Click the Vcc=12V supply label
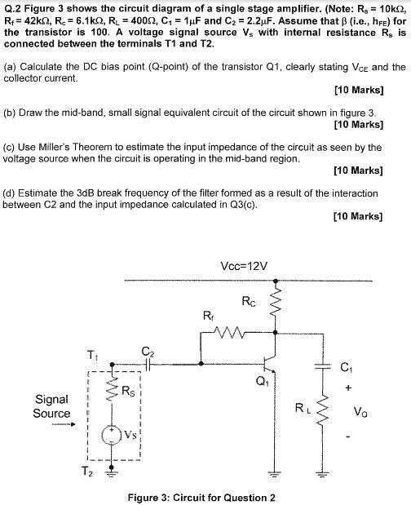tap(244, 266)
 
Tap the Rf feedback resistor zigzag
tap(228, 332)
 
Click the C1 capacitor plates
tap(323, 365)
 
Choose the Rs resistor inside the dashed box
tap(112, 388)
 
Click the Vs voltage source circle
tap(112, 436)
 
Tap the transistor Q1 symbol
tap(270, 364)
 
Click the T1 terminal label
tap(93, 355)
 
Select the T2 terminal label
tap(86, 472)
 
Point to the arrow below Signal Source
tap(64, 424)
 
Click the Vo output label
tap(360, 411)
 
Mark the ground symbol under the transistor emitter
tap(274, 474)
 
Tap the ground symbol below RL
tap(323, 474)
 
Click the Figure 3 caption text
tap(201, 498)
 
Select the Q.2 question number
tap(11, 10)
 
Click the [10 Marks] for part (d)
tap(358, 216)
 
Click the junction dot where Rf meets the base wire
tap(201, 364)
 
